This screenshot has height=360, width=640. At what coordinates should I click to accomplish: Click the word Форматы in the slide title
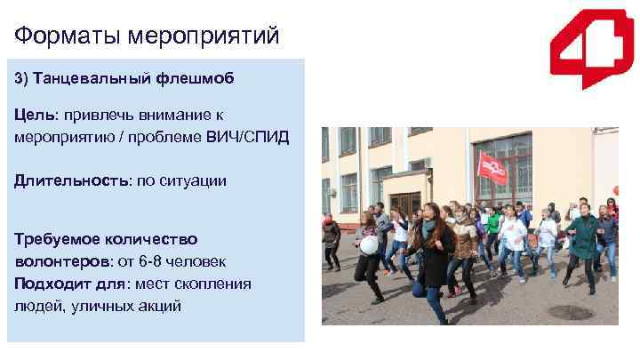pos(67,36)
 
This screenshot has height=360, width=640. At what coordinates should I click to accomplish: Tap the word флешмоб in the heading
pos(200,79)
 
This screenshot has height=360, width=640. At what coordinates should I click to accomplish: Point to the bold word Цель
pos(34,116)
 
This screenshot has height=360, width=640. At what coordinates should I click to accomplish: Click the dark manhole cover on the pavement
pos(569,312)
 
